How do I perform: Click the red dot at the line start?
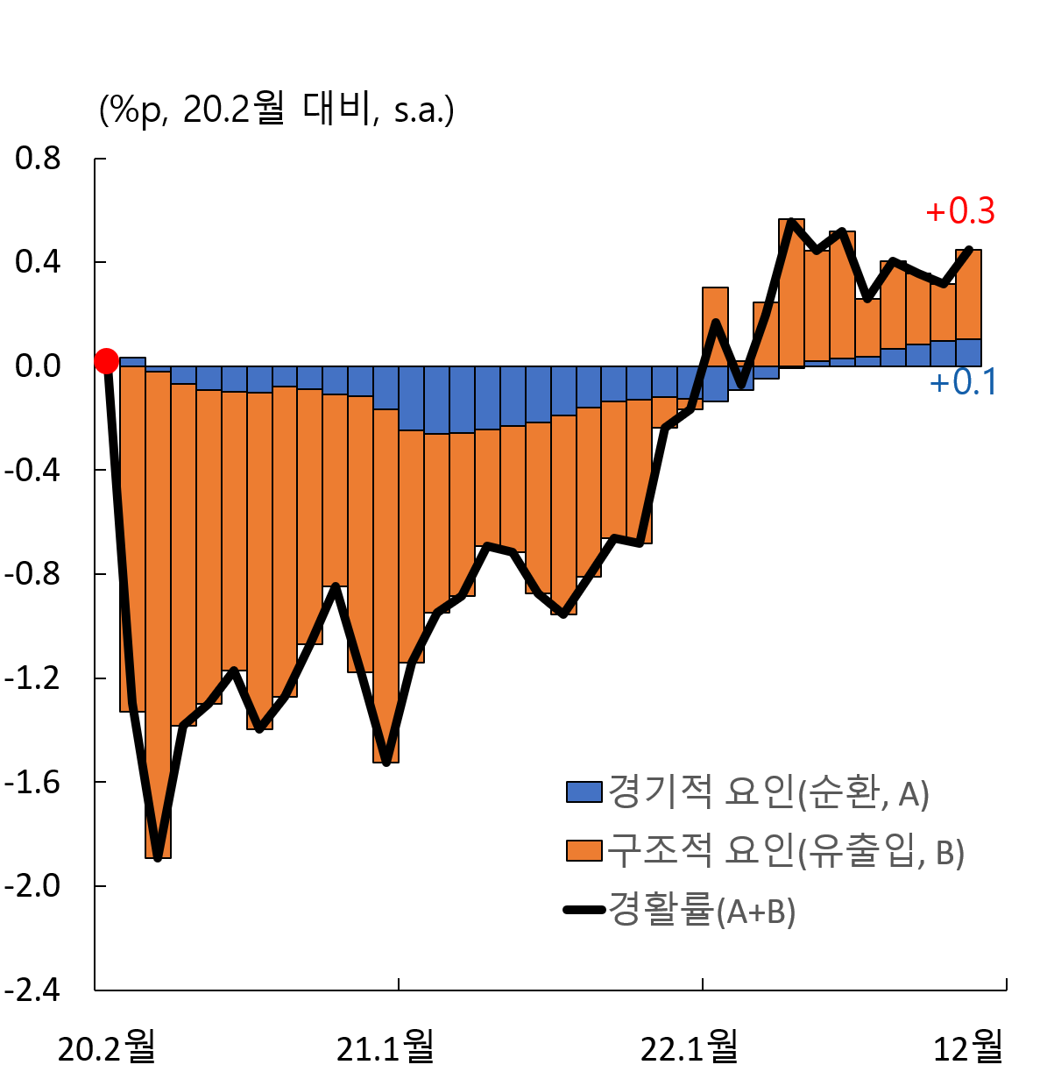coord(106,360)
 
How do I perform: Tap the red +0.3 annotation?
coord(960,211)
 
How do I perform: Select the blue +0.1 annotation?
coord(963,383)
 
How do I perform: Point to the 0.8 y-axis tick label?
coord(38,159)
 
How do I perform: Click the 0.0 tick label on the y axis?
coord(38,366)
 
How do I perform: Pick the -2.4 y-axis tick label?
coord(32,990)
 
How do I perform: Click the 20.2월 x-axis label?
coord(106,1047)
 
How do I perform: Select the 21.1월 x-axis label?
coord(386,1047)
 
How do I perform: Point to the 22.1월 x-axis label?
coord(690,1047)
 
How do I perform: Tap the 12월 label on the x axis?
coord(968,1047)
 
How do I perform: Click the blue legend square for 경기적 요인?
coord(584,792)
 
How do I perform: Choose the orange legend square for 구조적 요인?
coord(584,851)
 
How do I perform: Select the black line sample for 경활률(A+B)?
coord(584,910)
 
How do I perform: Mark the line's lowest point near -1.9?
coord(158,857)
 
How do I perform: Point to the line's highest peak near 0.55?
coord(790,221)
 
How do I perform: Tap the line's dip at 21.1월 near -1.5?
coord(386,762)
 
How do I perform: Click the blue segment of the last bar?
coord(968,352)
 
